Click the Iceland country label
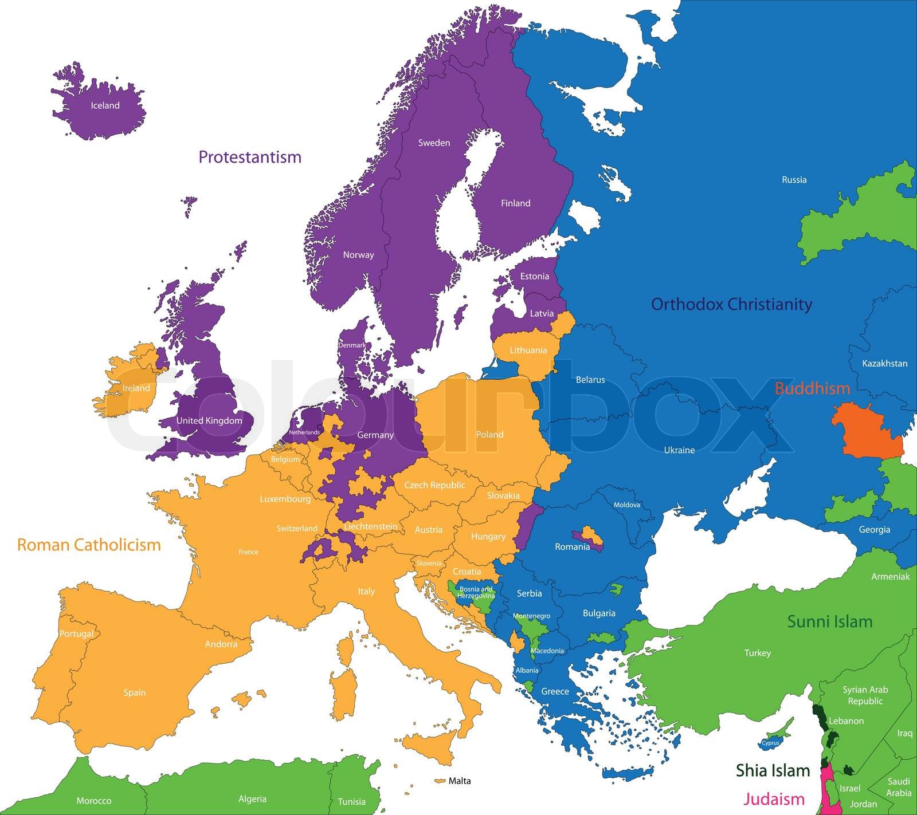point(105,105)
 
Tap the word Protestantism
point(250,157)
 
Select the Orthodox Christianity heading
point(732,304)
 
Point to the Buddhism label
point(812,388)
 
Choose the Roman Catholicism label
point(89,544)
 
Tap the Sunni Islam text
point(830,621)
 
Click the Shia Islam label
point(773,770)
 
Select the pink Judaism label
point(774,798)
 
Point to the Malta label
point(460,781)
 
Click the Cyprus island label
point(770,743)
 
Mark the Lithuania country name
point(528,351)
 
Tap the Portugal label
point(76,634)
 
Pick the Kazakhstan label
point(884,363)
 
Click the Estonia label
point(534,276)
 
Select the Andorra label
point(221,644)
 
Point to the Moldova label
point(627,505)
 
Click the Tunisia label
point(351,801)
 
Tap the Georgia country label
point(874,530)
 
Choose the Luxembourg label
point(285,499)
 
